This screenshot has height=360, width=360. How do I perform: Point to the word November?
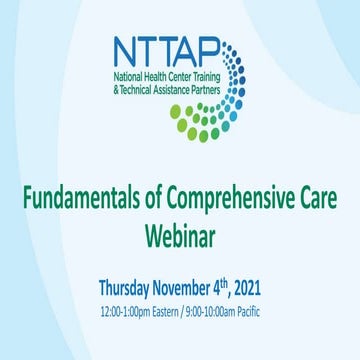click(206, 288)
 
